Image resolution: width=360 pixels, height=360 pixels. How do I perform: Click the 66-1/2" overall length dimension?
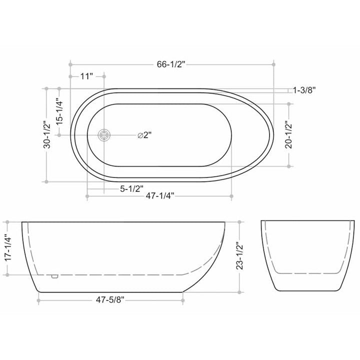(171, 64)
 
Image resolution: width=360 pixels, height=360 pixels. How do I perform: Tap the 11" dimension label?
(86, 76)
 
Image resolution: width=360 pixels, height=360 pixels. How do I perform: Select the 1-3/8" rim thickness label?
(304, 90)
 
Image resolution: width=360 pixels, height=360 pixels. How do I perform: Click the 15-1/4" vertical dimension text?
(59, 111)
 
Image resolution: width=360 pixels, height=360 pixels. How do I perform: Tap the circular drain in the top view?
(104, 135)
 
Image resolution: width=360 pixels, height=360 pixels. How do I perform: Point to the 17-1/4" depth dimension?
(7, 248)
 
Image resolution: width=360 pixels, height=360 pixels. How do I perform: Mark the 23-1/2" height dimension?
(240, 256)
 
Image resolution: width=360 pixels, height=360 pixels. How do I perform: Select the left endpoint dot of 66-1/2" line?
(70, 64)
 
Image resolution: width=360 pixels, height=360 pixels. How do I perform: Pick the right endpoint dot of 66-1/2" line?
(273, 64)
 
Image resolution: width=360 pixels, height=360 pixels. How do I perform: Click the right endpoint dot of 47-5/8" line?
(183, 300)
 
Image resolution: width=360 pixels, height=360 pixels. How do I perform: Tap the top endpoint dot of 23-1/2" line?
(240, 221)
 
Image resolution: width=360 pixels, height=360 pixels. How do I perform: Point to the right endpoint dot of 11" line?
(104, 76)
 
